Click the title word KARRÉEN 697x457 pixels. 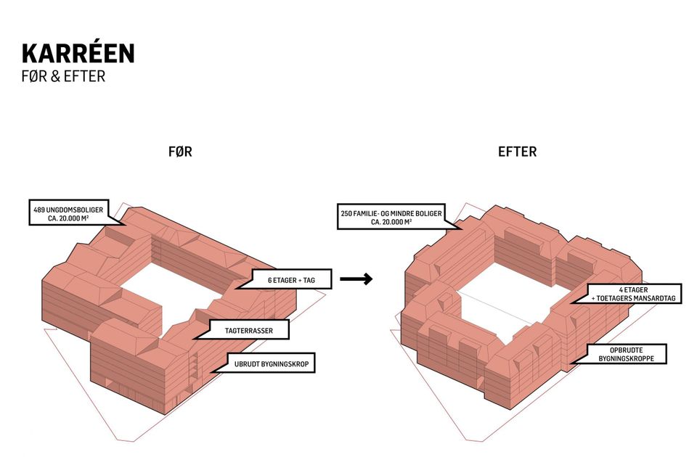(x=78, y=53)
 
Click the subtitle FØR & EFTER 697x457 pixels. (x=63, y=75)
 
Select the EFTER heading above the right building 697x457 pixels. (x=517, y=152)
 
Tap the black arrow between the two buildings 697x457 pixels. (x=356, y=279)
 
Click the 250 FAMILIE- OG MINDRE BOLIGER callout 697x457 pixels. (x=391, y=217)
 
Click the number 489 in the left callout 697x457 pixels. (x=41, y=210)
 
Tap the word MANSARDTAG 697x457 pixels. (x=654, y=298)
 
